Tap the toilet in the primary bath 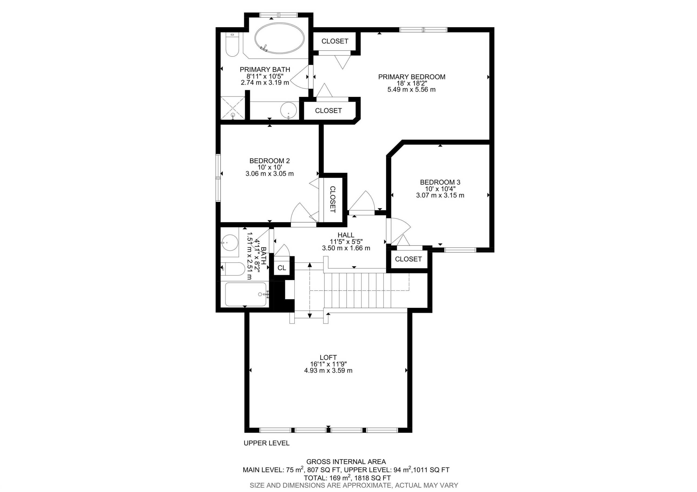point(233,46)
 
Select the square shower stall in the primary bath point(233,108)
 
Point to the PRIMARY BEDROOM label point(412,77)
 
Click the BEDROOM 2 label point(270,161)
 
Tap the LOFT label point(328,358)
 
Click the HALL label point(346,235)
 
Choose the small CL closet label point(282,268)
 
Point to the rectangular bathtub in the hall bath point(246,294)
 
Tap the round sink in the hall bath point(229,243)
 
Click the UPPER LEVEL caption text point(266,443)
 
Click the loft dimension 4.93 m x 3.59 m point(328,370)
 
